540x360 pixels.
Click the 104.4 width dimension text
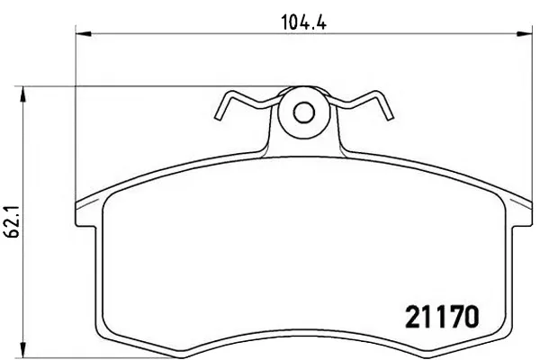pos(304,22)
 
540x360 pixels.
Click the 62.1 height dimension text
pos(13,222)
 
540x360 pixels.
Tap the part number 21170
pos(442,317)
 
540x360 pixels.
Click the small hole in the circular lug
pos(304,112)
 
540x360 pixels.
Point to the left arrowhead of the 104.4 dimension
pos(84,34)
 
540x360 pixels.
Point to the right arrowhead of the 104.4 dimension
pos(525,34)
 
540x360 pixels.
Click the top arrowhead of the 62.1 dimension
pos(22,94)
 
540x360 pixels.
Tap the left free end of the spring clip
pos(218,118)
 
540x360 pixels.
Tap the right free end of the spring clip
pos(390,118)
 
